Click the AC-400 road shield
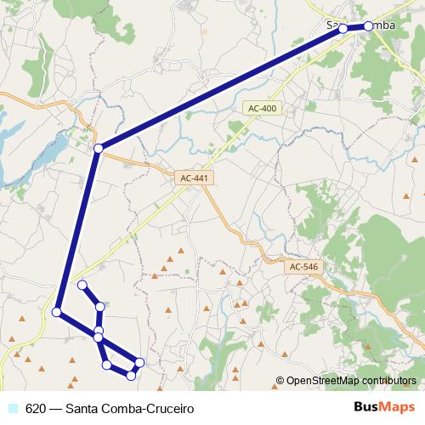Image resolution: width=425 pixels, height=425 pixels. pyautogui.click(x=262, y=109)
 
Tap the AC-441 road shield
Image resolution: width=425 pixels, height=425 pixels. pyautogui.click(x=195, y=178)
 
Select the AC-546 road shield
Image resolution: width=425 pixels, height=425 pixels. pyautogui.click(x=303, y=267)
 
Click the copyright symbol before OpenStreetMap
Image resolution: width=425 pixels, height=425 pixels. pyautogui.click(x=280, y=381)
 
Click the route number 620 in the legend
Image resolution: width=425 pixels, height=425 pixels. pyautogui.click(x=36, y=408)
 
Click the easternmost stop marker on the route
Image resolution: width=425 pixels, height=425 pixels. pyautogui.click(x=368, y=26)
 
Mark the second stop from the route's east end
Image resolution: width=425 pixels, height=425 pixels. pyautogui.click(x=343, y=29)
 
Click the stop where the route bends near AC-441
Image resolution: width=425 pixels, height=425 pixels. pyautogui.click(x=99, y=149)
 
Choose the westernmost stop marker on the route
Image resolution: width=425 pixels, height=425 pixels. pyautogui.click(x=57, y=312)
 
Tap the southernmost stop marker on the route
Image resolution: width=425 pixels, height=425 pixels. pyautogui.click(x=131, y=375)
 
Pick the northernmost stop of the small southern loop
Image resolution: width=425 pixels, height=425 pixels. pyautogui.click(x=82, y=285)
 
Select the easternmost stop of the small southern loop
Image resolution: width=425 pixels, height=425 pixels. pyautogui.click(x=139, y=363)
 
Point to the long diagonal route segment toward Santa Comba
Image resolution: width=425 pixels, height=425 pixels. pyautogui.click(x=221, y=88)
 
